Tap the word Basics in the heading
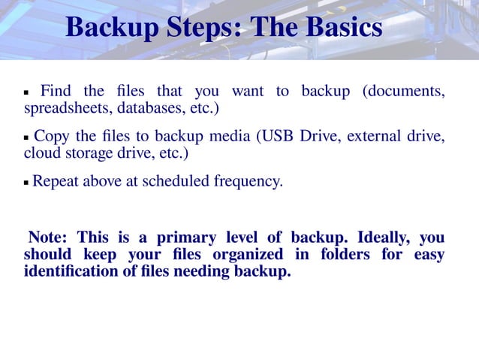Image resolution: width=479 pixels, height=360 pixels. (x=341, y=29)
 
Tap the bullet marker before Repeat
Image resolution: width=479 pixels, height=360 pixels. (x=26, y=183)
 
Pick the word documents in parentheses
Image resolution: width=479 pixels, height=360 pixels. (x=403, y=92)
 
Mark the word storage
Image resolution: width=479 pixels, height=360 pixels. (x=87, y=153)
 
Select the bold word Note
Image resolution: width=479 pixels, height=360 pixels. (x=48, y=238)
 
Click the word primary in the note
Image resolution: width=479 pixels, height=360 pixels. (x=185, y=238)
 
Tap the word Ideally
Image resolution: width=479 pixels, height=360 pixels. (x=380, y=238)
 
